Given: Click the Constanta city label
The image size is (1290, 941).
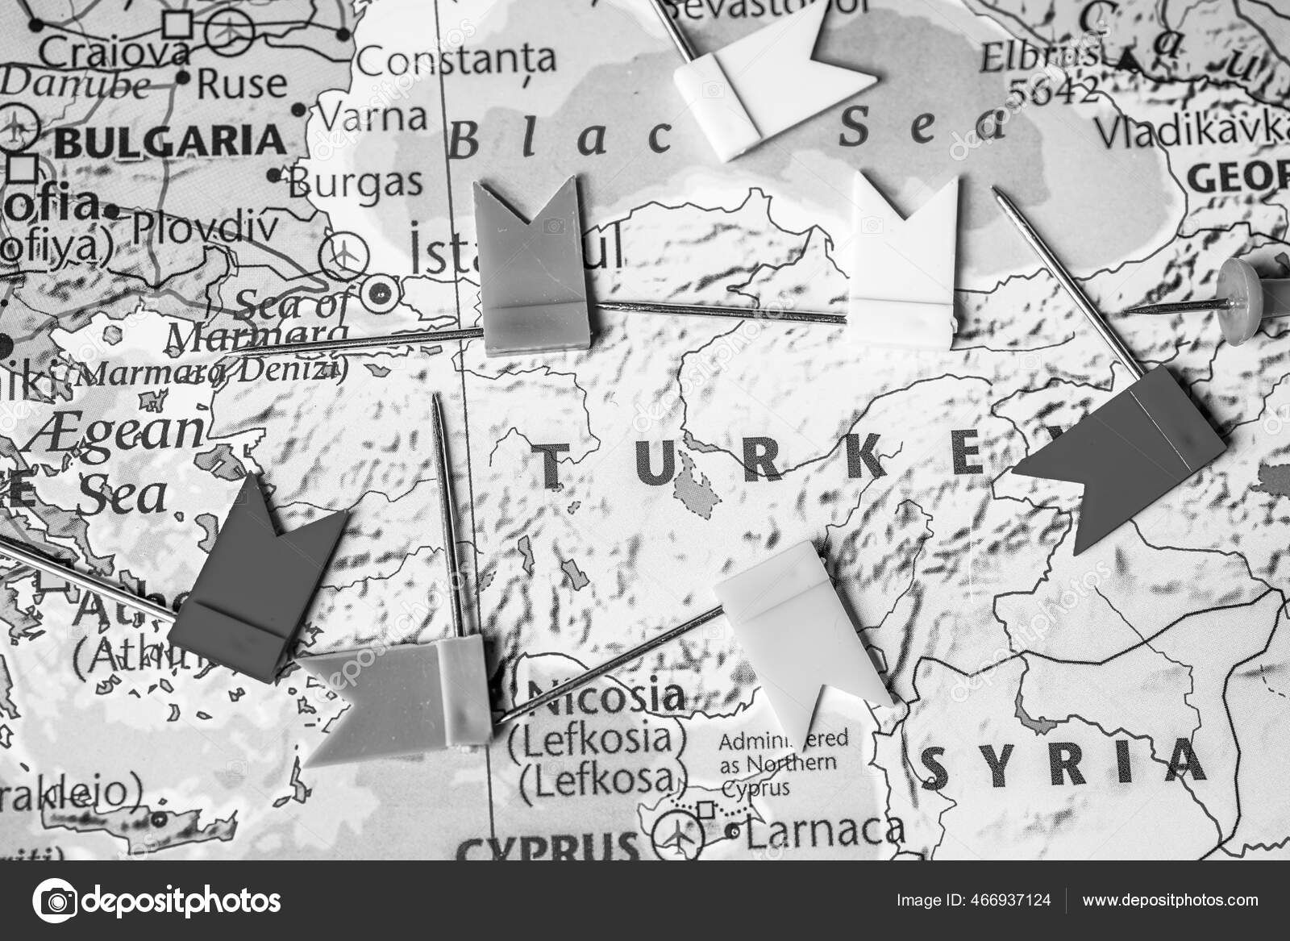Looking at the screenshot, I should pos(456,58).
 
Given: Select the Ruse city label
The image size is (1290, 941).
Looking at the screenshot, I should pos(241,82).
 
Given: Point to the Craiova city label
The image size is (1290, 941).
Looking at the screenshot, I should pos(114,53).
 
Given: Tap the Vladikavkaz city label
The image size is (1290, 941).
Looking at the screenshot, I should pos(1193,129).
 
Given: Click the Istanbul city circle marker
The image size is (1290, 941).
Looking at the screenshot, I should pos(378,292).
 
